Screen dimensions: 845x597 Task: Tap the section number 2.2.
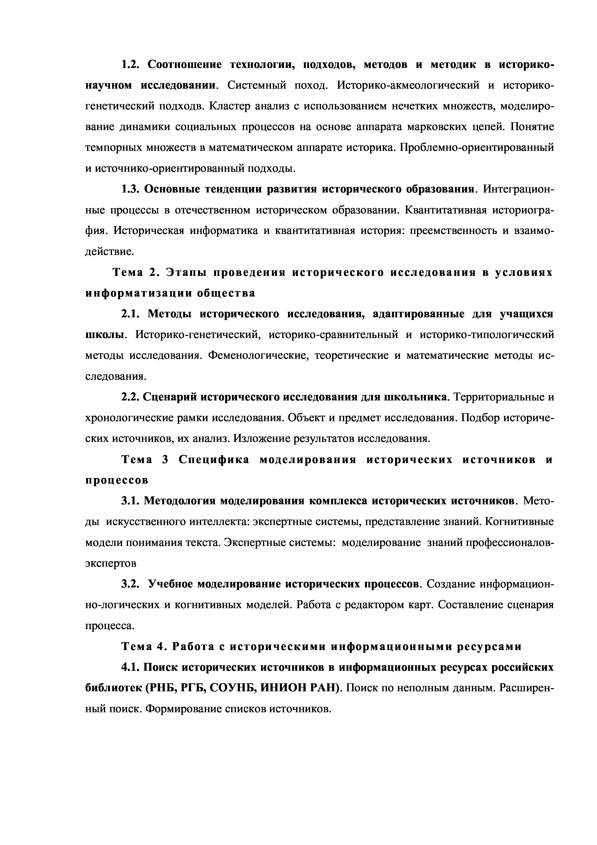tap(130, 397)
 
